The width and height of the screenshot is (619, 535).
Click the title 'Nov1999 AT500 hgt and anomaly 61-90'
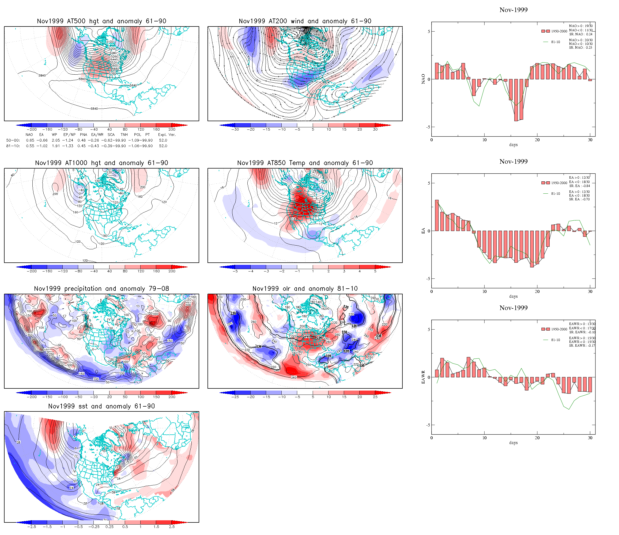[101, 21]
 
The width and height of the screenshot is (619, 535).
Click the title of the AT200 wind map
[305, 21]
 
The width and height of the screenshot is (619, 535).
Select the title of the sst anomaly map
[101, 406]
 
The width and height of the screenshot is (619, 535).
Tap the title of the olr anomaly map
[305, 289]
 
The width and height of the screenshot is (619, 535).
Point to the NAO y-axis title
[423, 79]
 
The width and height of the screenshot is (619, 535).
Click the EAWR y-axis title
[423, 377]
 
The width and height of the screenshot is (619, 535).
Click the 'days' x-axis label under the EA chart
[513, 296]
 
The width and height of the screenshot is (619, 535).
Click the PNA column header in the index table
[83, 135]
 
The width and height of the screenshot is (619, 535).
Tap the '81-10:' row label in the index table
[13, 146]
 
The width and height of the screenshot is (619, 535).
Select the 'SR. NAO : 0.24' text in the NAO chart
[580, 34]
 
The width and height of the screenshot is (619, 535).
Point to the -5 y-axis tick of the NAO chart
[428, 127]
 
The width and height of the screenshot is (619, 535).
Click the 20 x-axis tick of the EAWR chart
[537, 438]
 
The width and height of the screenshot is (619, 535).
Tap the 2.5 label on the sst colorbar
[172, 527]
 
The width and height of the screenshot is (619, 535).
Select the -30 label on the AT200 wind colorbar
[235, 129]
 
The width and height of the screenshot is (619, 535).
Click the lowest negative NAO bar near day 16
[516, 100]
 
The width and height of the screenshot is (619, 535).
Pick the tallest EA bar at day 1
[437, 215]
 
